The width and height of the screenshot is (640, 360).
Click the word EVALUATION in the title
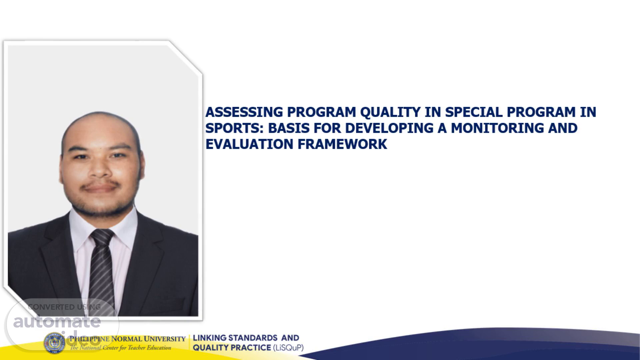[249, 144]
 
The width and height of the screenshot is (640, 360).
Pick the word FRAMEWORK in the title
[342, 144]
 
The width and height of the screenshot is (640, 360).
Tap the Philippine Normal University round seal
[55, 343]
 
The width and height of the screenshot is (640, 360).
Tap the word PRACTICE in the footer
[251, 348]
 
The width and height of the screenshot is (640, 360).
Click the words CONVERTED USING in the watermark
[64, 307]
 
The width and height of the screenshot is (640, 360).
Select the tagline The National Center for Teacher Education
[120, 348]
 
